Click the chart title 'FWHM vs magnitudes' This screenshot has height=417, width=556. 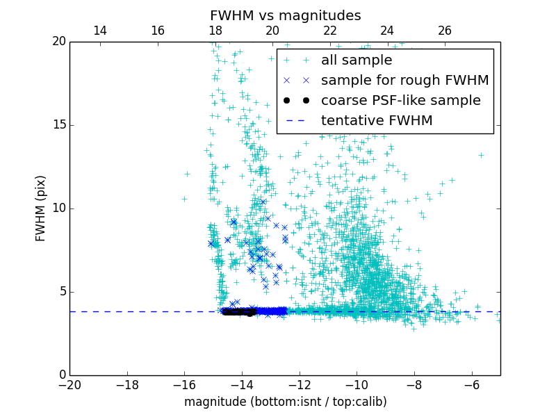tap(285, 15)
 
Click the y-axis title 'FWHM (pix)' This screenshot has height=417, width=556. tap(41, 208)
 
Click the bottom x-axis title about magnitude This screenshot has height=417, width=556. tap(285, 402)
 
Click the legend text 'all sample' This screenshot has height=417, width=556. tap(357, 60)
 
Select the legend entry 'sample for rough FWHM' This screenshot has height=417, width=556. tap(404, 81)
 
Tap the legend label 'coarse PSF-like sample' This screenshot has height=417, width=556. tap(400, 101)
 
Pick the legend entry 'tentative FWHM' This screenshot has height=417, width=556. tap(377, 121)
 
